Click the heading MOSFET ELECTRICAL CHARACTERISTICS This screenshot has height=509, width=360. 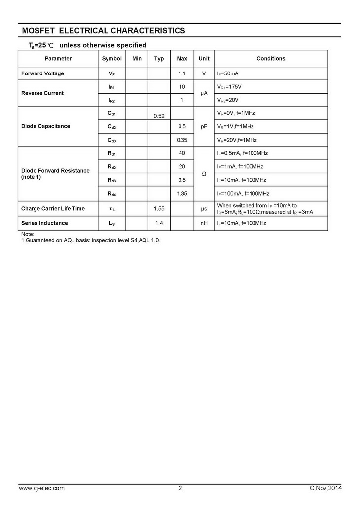pyautogui.click(x=104, y=31)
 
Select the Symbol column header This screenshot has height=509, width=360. pyautogui.click(x=111, y=59)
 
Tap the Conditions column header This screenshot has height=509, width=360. pyautogui.click(x=271, y=59)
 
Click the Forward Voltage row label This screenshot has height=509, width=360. pyautogui.click(x=42, y=73)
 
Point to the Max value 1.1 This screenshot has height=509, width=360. pyautogui.click(x=182, y=73)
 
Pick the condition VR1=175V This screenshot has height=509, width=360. pyautogui.click(x=229, y=87)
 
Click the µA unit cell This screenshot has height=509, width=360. pyautogui.click(x=204, y=93)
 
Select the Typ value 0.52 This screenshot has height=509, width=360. pyautogui.click(x=159, y=116)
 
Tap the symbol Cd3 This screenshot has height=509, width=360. pyautogui.click(x=111, y=140)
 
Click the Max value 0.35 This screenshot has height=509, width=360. pyautogui.click(x=182, y=140)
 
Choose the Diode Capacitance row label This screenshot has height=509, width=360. pyautogui.click(x=45, y=126)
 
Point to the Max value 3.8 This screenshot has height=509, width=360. pyautogui.click(x=182, y=180)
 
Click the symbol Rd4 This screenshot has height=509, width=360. pyautogui.click(x=111, y=193)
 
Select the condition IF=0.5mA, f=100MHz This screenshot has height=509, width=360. pyautogui.click(x=240, y=153)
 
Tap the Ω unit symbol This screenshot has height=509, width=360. pyautogui.click(x=204, y=174)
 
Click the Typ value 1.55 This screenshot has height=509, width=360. pyautogui.click(x=159, y=209)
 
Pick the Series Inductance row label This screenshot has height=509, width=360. pyautogui.click(x=44, y=223)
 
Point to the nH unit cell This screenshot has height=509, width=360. pyautogui.click(x=204, y=223)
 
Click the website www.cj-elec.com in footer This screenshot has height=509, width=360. pyautogui.click(x=41, y=488)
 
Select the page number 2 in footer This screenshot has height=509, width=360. pyautogui.click(x=180, y=488)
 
